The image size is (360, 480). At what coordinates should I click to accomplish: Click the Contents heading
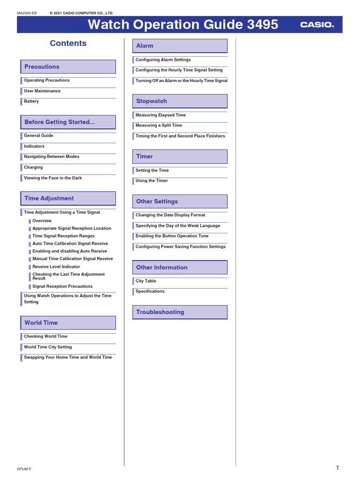(x=68, y=43)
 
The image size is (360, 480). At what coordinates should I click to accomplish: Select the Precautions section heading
(x=42, y=67)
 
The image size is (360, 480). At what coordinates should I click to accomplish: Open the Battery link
(x=31, y=101)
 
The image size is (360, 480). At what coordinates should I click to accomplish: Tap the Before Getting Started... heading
(x=60, y=122)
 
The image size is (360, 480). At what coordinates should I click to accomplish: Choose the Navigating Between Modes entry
(x=52, y=157)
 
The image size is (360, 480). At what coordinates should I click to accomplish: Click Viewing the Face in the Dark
(x=53, y=178)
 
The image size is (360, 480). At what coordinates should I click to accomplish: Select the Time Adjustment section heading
(x=49, y=198)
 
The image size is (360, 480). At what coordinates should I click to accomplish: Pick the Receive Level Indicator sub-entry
(x=56, y=267)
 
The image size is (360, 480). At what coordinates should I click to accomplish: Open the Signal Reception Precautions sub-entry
(x=62, y=286)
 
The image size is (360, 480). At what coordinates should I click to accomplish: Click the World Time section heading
(x=41, y=322)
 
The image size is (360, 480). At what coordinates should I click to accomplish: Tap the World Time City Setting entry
(x=48, y=347)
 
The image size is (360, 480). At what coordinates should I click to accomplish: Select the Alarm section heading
(x=144, y=46)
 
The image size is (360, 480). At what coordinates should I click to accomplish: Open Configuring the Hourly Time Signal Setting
(x=179, y=70)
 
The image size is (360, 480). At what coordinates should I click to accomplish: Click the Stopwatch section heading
(x=151, y=101)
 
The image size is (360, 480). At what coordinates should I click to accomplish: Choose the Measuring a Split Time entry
(x=159, y=126)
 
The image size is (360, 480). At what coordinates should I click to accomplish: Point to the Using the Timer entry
(x=151, y=181)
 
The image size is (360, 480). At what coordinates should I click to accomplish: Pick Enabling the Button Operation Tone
(x=172, y=236)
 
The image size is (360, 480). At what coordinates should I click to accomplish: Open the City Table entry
(x=146, y=281)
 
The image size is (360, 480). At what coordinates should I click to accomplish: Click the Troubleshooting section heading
(x=160, y=312)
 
